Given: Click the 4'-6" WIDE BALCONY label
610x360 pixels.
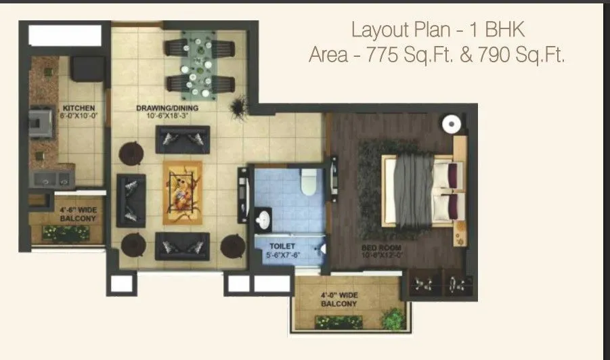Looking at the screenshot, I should click(x=77, y=214).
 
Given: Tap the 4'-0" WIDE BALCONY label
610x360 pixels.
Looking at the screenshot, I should click(x=339, y=300).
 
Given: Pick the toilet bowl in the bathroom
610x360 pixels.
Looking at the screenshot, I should click(x=309, y=181).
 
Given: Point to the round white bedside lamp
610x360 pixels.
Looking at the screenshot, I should click(x=452, y=125).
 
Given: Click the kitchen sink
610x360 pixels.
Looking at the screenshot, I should click(x=51, y=178).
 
